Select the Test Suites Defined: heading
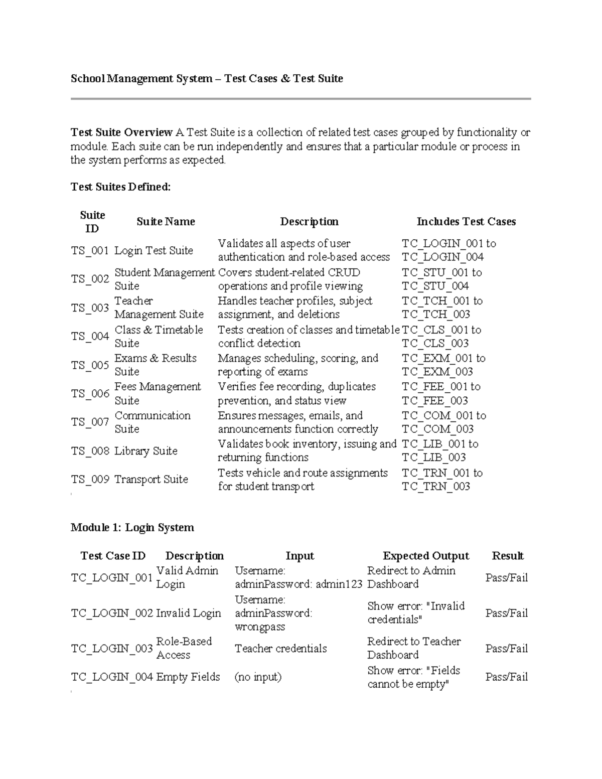(120, 187)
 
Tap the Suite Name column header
(166, 222)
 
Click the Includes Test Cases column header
(466, 222)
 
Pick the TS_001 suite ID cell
(90, 250)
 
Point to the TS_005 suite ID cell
(90, 365)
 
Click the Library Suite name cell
(146, 451)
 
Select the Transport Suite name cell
(151, 480)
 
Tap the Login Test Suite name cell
(154, 250)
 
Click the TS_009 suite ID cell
(90, 480)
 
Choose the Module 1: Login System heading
(132, 527)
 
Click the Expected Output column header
(426, 556)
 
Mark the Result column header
(508, 556)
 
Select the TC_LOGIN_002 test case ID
(112, 613)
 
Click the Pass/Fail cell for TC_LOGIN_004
(507, 677)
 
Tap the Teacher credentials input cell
(280, 649)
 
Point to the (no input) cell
(258, 677)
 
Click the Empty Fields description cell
(188, 677)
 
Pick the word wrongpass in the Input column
(260, 627)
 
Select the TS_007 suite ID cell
(90, 422)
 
